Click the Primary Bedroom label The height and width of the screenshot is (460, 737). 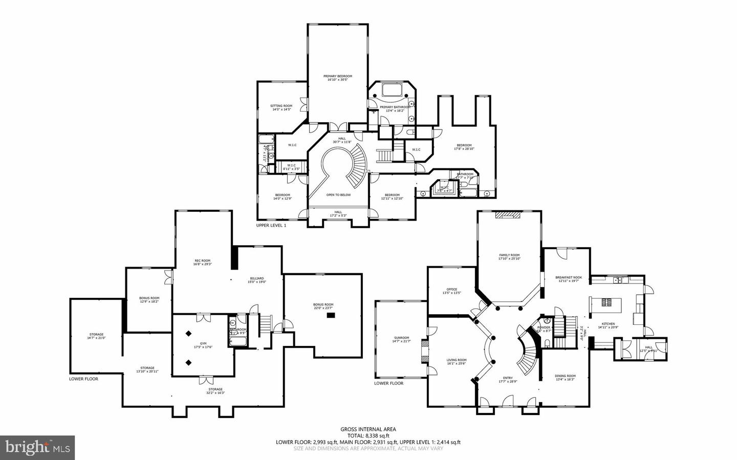coord(337,78)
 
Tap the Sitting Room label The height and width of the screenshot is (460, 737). coord(281,107)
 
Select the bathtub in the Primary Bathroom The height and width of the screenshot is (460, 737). coord(393,91)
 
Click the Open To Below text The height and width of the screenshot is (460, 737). coord(338,195)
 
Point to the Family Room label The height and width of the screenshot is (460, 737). coord(509,257)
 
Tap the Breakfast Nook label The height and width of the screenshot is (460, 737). coord(567,279)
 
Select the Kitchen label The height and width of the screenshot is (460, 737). coord(608,325)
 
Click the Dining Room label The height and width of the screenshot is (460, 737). coord(565,378)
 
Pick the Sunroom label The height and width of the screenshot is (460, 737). coord(401,339)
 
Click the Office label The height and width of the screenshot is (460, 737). coord(451,291)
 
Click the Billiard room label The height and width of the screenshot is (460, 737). coord(257,280)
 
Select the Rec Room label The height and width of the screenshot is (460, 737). coord(202,262)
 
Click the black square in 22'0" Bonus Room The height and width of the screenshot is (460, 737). coord(331,316)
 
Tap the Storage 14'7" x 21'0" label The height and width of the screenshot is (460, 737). coord(96,336)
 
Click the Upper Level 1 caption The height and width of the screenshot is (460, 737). coord(271,225)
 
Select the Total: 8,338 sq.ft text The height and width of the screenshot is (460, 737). coord(368,436)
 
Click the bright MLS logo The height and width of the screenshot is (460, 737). coord(37,448)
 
